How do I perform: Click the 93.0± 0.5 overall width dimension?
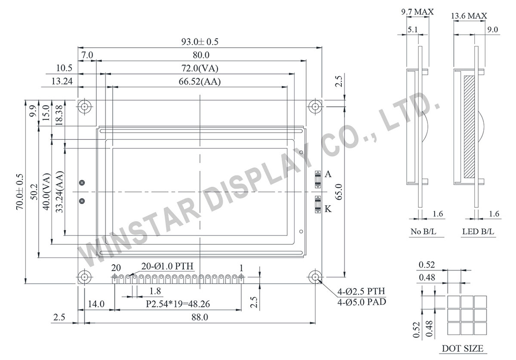tap(200, 42)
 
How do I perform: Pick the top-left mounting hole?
tap(84, 106)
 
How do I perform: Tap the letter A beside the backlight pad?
tap(328, 174)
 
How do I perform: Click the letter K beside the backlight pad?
tap(328, 209)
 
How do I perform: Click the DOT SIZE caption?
tap(463, 348)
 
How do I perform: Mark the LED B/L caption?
tap(478, 232)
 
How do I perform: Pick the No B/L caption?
tap(423, 232)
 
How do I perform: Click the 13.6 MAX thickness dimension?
tap(469, 16)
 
